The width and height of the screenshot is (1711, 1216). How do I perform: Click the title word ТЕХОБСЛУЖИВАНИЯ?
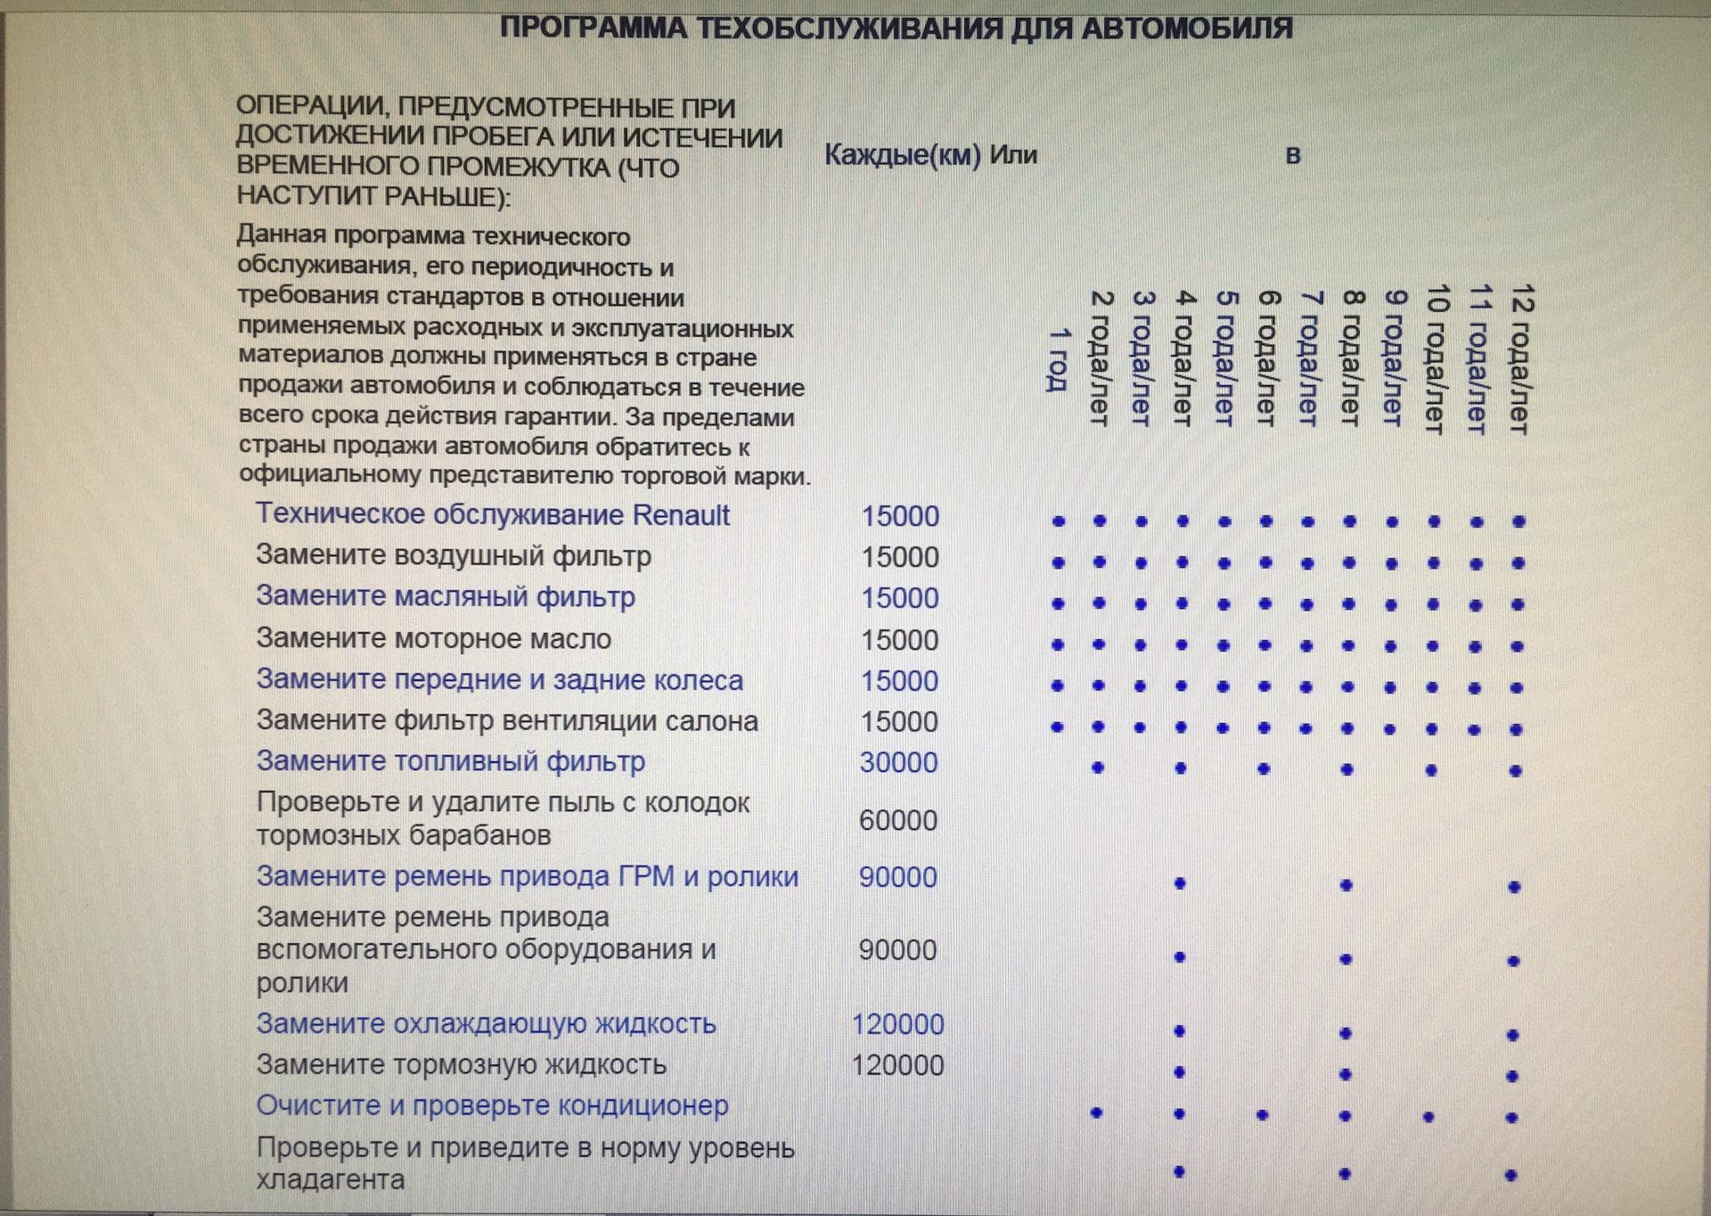(849, 29)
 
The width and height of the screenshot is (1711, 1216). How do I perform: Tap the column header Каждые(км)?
(902, 155)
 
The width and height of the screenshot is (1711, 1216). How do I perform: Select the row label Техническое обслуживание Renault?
(493, 515)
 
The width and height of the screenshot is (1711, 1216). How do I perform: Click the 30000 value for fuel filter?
(898, 763)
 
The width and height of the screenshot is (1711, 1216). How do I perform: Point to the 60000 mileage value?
(897, 820)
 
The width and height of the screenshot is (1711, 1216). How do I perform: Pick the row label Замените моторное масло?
(433, 639)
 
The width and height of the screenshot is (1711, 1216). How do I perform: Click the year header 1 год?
(1058, 359)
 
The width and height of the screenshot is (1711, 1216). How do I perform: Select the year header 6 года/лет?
(1266, 357)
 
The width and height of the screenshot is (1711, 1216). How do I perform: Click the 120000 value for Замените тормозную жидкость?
(897, 1065)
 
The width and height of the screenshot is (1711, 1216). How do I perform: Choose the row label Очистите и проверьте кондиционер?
(492, 1105)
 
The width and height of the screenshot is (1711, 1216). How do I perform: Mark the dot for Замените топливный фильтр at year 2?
(1098, 768)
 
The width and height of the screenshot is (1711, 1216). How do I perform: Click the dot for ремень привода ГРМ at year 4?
(1180, 883)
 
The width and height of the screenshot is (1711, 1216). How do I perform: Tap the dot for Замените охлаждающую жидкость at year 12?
(1512, 1035)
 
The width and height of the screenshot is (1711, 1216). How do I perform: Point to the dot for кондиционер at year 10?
(1429, 1116)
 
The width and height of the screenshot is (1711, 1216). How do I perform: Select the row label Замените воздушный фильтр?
(453, 556)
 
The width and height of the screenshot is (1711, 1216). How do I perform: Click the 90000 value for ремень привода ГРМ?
(897, 877)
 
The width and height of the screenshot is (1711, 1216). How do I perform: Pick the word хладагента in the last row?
(330, 1180)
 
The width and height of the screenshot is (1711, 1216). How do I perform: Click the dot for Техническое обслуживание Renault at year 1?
(1059, 522)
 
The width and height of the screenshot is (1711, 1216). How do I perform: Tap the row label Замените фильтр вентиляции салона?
(506, 721)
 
